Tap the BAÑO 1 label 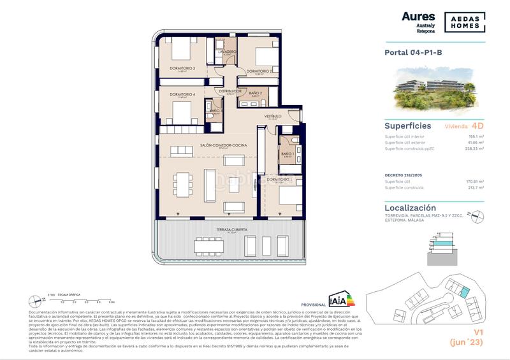[x=287, y=154]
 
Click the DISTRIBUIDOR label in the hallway [x=229, y=90]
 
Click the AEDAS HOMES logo [x=460, y=21]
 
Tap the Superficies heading [x=408, y=126]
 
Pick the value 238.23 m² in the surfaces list [x=473, y=148]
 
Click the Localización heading [x=411, y=208]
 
